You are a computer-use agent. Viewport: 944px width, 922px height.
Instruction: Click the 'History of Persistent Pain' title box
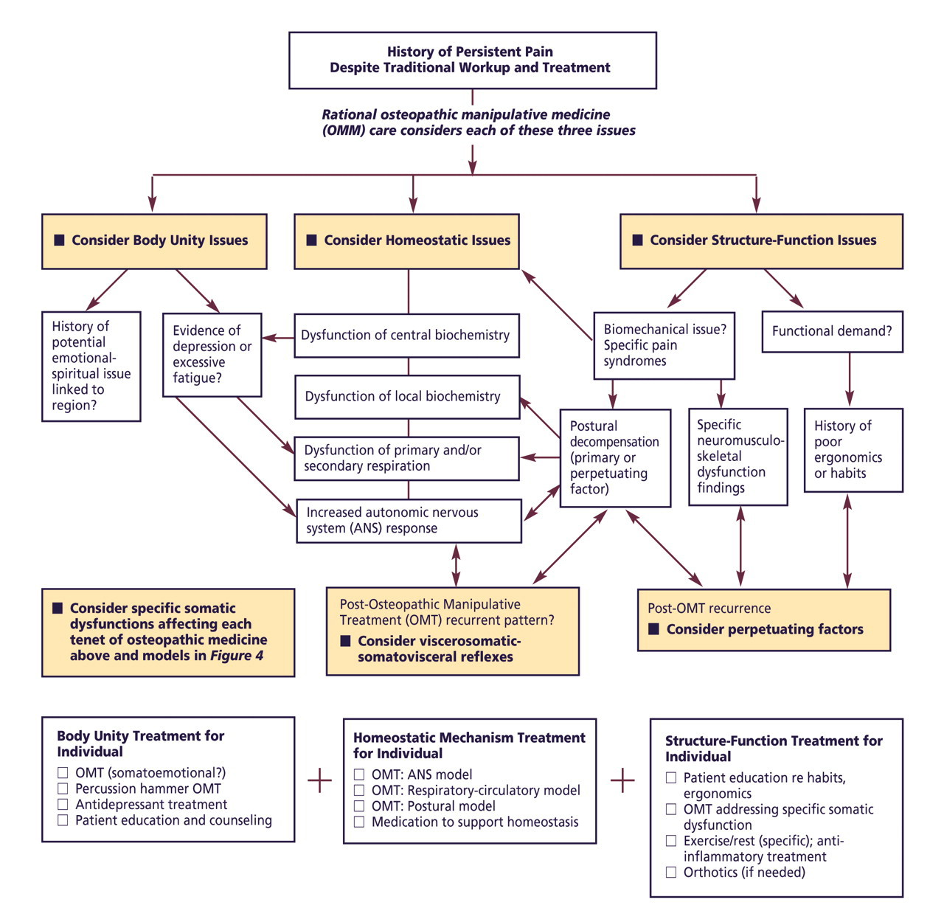coord(472,60)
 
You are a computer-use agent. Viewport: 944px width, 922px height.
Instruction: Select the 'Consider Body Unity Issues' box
coord(154,241)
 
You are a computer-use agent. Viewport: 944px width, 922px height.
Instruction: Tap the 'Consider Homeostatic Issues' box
coord(406,241)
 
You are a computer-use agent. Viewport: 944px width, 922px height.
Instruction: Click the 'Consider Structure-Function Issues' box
coord(761,241)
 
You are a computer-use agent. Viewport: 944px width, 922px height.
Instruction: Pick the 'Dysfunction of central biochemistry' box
coord(406,336)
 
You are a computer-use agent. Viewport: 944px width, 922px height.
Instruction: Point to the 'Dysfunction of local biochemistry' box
coord(406,397)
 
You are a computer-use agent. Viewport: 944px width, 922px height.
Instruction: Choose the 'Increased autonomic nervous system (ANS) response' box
coord(409,521)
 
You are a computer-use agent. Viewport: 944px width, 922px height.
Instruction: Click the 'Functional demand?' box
coord(832,331)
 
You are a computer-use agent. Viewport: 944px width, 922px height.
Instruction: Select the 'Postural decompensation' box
coord(615,457)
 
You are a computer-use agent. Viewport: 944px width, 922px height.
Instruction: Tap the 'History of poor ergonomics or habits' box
coord(853,449)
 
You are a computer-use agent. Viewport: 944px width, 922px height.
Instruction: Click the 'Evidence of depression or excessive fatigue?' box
coord(212,355)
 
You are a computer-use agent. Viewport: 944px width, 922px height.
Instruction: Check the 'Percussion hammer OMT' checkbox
coord(63,789)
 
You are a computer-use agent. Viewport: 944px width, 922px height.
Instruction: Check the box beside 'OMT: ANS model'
coord(359,774)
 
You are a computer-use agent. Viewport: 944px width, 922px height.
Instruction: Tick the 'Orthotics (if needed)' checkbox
coord(671,873)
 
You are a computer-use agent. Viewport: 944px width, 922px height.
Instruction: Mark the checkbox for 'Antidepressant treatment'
coord(63,805)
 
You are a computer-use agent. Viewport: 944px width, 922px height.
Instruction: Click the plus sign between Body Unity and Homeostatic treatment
coord(319,780)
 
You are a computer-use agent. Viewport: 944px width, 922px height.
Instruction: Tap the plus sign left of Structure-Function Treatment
coord(623,780)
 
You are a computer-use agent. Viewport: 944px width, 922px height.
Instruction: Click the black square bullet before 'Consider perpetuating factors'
coord(653,629)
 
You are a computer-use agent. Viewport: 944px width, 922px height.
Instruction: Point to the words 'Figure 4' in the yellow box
coord(236,656)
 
